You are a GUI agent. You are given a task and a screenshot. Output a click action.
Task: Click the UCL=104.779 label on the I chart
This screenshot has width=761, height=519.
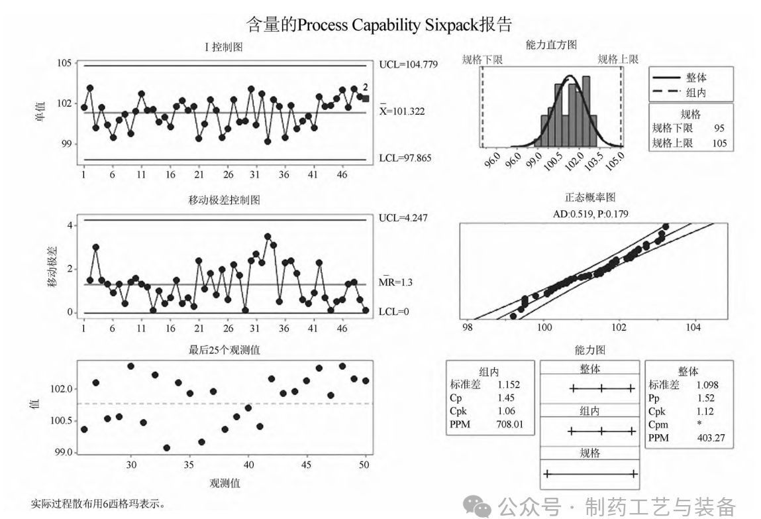pos(408,65)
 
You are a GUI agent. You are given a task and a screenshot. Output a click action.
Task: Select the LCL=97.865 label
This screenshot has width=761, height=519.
pos(406,159)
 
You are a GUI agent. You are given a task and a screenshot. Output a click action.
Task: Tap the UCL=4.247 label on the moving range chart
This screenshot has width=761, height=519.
pos(403,218)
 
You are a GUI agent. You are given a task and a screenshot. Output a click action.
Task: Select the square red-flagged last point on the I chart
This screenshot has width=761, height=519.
pos(366,99)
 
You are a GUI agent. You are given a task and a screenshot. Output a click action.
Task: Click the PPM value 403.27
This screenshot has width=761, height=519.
pos(711,437)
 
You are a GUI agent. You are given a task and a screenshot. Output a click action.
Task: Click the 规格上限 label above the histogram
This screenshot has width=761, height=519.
pos(617,60)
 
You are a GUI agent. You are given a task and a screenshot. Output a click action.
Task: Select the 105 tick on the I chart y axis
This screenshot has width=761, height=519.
pos(64,64)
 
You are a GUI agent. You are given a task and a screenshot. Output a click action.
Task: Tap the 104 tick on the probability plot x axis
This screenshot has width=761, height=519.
pos(693,327)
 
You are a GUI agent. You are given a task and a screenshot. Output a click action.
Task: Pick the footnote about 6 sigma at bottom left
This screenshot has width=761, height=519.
pos(97,504)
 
